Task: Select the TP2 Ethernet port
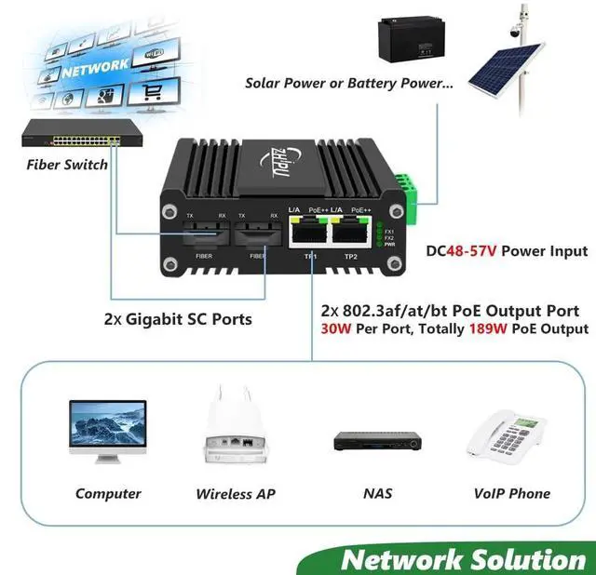(x=351, y=234)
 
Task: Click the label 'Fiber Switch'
(x=66, y=166)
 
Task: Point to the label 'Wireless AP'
(x=236, y=494)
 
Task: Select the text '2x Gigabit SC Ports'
(x=177, y=319)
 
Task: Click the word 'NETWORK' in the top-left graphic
(x=97, y=66)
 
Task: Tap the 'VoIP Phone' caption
(x=511, y=494)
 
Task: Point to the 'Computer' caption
(x=108, y=494)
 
